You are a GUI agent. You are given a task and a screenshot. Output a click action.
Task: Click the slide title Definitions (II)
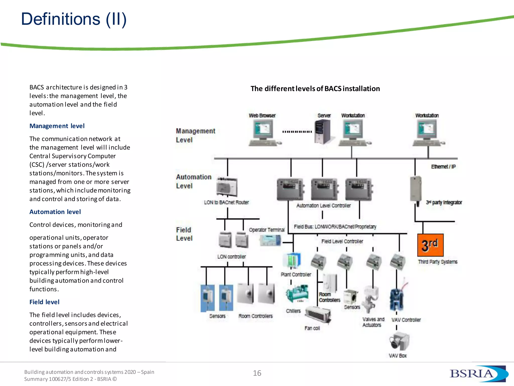[74, 19]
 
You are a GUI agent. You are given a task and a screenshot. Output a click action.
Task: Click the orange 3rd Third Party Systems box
[430, 245]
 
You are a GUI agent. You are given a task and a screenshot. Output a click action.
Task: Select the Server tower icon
[323, 131]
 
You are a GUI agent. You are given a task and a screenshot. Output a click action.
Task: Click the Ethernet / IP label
[443, 167]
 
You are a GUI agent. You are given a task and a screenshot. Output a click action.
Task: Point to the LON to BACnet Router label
[226, 202]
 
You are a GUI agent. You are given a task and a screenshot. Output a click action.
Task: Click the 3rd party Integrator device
[416, 190]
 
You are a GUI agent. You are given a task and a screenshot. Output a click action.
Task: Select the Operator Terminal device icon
[270, 240]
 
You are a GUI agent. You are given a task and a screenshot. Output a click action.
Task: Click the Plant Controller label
[296, 274]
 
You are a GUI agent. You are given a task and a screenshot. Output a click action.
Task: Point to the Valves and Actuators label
[373, 322]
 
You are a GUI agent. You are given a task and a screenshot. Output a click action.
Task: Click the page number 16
[257, 373]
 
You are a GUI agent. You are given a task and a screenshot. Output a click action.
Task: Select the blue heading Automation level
[55, 212]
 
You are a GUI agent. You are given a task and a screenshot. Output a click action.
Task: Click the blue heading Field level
[44, 302]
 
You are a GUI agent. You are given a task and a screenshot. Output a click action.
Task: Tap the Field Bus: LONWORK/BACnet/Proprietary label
[335, 227]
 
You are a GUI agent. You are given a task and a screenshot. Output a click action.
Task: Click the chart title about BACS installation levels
[315, 89]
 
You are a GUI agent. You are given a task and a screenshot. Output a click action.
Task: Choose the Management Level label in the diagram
[195, 135]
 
